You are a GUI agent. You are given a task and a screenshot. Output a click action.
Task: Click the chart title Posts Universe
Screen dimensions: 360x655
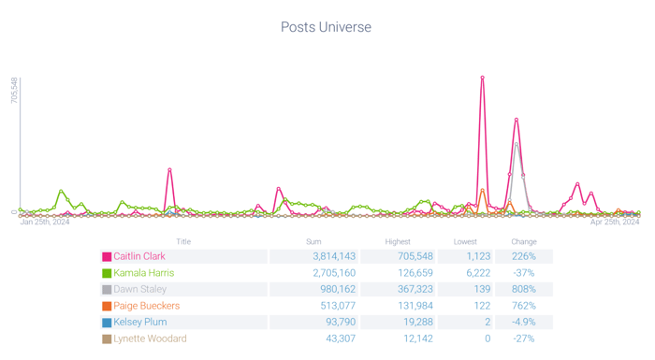tap(326, 27)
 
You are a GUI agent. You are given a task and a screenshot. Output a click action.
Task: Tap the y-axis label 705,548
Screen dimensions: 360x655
tap(14, 91)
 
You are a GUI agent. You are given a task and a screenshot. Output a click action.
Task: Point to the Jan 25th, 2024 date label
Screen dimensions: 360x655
tap(45, 223)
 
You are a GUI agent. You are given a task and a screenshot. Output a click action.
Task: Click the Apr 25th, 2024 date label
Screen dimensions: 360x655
tap(615, 223)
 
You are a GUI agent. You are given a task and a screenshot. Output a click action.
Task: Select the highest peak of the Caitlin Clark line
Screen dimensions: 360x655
tap(482, 78)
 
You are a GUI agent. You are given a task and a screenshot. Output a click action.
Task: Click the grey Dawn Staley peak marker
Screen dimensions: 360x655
tap(517, 144)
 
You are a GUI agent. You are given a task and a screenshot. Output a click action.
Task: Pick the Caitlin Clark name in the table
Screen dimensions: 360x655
tap(139, 256)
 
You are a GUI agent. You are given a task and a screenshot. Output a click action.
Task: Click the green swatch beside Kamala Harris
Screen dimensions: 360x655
tap(107, 273)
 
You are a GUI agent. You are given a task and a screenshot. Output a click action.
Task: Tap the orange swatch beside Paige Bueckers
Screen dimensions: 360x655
tap(107, 306)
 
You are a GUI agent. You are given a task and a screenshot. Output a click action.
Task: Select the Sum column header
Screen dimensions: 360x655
tap(313, 241)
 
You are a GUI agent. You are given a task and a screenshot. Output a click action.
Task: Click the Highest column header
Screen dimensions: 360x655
tap(398, 241)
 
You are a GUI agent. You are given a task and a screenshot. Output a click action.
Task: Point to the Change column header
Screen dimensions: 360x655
tap(524, 241)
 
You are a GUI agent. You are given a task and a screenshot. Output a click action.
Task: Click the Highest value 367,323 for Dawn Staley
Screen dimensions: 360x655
tap(412, 289)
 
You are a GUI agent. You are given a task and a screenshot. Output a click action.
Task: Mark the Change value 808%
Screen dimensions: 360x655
tap(524, 289)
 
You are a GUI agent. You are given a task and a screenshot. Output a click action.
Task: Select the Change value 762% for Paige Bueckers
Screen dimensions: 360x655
tap(524, 306)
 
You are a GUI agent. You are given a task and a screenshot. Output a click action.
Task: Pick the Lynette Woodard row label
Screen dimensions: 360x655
tap(150, 338)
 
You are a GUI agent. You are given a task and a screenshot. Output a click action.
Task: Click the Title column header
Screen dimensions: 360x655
tap(183, 241)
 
